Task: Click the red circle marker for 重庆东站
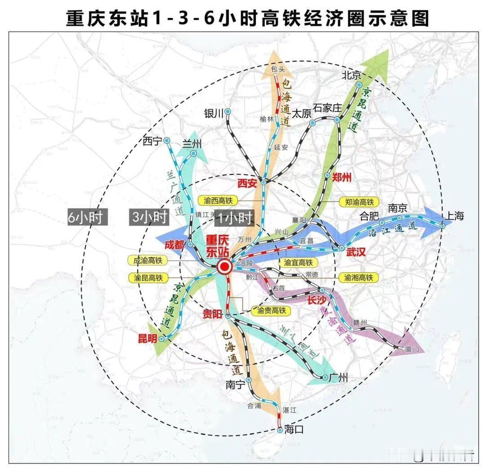pos(224,268)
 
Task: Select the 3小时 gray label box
pos(149,217)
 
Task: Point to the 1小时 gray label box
pos(234,218)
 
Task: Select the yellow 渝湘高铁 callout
pos(359,278)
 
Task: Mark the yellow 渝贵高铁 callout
pos(271,310)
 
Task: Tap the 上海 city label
pos(453,216)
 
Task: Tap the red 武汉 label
pos(356,253)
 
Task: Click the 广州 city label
pos(338,378)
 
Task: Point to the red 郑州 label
pos(341,177)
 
